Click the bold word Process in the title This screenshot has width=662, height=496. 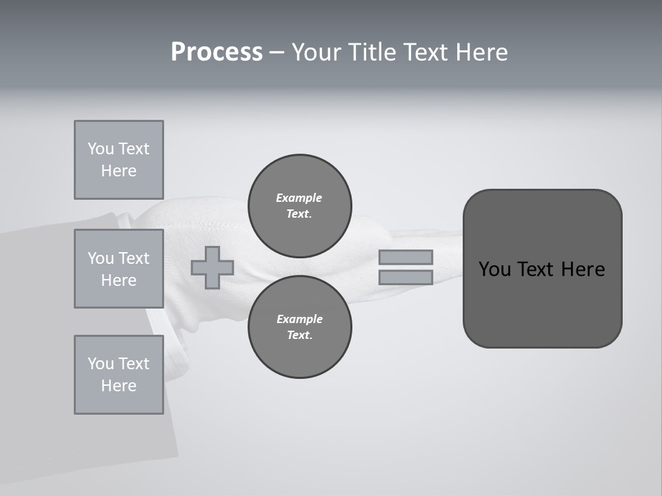click(217, 52)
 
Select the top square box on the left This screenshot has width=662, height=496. click(119, 160)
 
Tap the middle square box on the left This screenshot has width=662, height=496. click(119, 269)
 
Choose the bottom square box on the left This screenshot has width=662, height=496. click(119, 375)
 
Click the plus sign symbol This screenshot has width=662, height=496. click(212, 267)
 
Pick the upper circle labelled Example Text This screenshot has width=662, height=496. click(299, 206)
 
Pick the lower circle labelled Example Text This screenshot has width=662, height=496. click(299, 327)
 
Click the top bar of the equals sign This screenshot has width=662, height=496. click(405, 257)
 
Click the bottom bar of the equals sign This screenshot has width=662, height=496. click(405, 278)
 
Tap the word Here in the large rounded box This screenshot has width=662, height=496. click(583, 269)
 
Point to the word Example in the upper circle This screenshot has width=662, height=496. click(299, 198)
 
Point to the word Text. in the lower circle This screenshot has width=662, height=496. click(299, 335)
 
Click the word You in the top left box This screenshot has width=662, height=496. click(101, 149)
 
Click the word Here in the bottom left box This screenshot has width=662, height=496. click(119, 386)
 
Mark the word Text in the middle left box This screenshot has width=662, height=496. click(134, 258)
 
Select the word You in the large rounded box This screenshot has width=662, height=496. click(494, 269)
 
